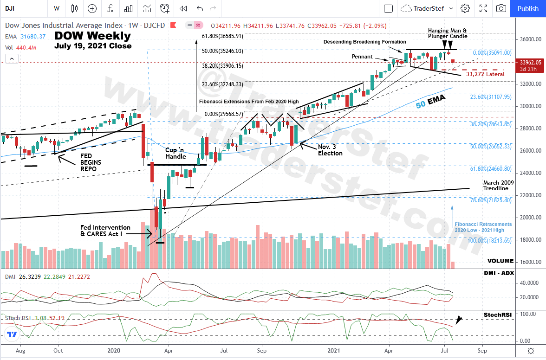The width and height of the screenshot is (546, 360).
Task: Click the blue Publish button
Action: click(528, 8)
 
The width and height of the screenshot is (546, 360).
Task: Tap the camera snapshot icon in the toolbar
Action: click(501, 8)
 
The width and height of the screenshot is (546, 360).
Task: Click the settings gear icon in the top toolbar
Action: click(465, 8)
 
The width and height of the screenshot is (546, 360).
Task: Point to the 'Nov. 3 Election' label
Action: click(330, 150)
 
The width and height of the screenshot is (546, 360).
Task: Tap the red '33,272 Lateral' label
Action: click(485, 74)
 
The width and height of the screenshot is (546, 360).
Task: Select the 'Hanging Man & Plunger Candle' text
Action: click(448, 33)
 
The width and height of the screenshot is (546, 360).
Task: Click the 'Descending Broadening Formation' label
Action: click(364, 42)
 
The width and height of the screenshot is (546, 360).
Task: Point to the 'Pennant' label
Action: click(362, 57)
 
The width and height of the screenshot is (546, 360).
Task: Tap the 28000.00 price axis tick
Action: click(530, 129)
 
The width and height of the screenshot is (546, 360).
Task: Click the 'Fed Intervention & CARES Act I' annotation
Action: click(105, 231)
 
